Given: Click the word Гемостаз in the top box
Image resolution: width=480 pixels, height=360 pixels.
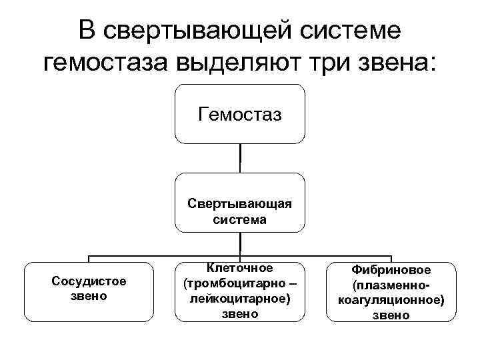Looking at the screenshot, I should click(x=240, y=115).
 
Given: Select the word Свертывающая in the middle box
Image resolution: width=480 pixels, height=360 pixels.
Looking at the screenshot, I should click(x=240, y=203).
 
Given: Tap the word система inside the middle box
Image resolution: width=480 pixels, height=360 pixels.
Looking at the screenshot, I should click(x=240, y=219).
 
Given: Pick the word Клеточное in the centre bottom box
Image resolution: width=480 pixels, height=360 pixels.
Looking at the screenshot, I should click(x=240, y=268).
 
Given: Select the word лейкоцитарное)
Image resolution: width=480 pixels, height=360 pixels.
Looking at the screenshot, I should click(x=240, y=298).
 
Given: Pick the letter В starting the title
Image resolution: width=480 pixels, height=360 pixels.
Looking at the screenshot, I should click(x=85, y=30).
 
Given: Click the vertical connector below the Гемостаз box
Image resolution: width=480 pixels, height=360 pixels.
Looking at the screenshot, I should click(x=240, y=158).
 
